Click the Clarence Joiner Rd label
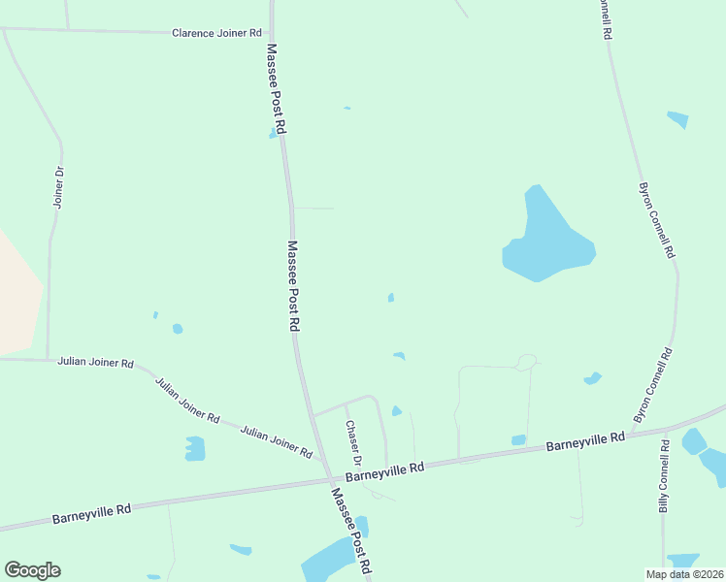click(216, 33)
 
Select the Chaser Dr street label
click(353, 440)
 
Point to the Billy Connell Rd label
click(664, 476)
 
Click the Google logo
click(32, 570)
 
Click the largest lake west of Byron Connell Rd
click(545, 240)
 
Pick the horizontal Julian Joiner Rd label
click(95, 362)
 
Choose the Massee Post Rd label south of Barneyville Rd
click(350, 528)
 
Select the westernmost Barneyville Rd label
click(92, 510)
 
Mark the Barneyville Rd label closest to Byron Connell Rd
click(584, 442)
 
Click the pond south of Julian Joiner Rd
click(195, 448)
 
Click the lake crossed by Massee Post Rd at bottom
click(330, 560)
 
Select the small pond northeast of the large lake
click(678, 119)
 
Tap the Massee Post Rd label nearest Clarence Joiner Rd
click(278, 87)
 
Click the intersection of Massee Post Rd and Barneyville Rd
click(328, 478)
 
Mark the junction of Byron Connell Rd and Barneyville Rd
click(666, 428)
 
